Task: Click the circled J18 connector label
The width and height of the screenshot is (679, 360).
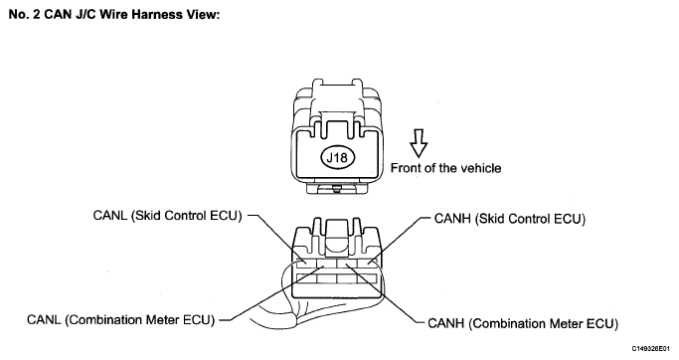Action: click(337, 157)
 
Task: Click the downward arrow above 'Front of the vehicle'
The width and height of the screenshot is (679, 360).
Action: click(419, 143)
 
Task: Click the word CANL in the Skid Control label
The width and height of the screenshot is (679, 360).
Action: click(110, 216)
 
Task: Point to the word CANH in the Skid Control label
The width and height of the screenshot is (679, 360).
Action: click(452, 219)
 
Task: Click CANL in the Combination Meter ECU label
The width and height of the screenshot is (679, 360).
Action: click(44, 319)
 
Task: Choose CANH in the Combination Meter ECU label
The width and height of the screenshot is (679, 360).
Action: click(445, 323)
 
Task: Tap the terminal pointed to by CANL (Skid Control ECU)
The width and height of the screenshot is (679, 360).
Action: click(306, 263)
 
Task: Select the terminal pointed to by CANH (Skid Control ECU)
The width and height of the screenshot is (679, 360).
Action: click(367, 263)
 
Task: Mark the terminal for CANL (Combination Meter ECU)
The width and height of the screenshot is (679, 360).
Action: click(326, 263)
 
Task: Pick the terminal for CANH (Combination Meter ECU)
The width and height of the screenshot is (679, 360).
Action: click(347, 263)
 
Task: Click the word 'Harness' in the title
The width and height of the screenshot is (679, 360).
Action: click(158, 14)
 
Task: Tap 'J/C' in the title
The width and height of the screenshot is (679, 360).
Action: click(88, 14)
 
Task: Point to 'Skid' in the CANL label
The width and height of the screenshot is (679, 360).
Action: click(147, 216)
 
